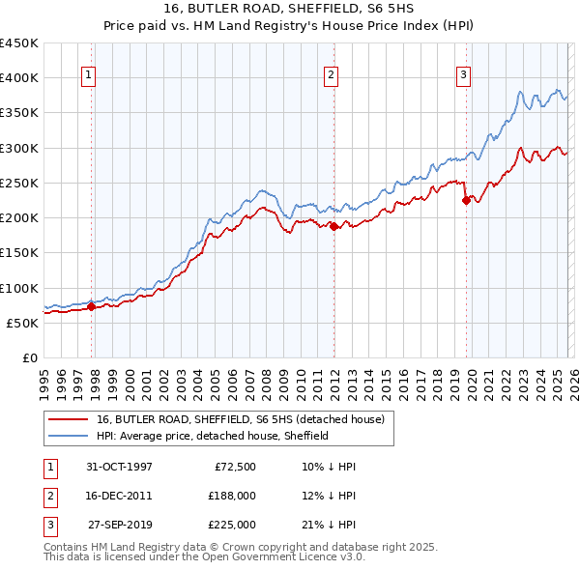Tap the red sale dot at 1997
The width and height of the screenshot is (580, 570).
tap(92, 307)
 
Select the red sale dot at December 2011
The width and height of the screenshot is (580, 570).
tap(334, 226)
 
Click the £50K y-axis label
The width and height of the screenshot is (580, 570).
tap(22, 323)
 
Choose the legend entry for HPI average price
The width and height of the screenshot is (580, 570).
tap(213, 436)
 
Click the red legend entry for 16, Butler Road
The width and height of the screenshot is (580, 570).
tap(241, 419)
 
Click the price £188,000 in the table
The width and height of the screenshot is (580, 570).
tap(232, 496)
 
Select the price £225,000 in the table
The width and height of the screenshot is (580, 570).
tap(232, 525)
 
